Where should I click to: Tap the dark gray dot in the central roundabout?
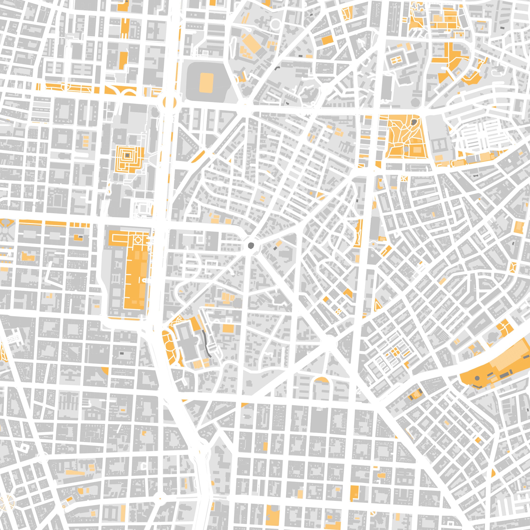coord(251,245)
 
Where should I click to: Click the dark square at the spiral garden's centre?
coord(127,156)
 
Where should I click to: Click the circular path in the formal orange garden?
coord(138,241)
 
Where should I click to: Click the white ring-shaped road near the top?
coord(275,24)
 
